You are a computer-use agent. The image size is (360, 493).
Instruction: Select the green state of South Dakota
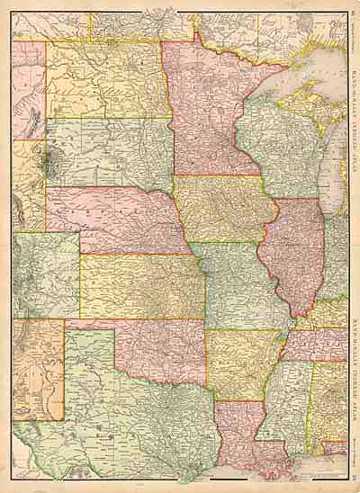click(x=108, y=153)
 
